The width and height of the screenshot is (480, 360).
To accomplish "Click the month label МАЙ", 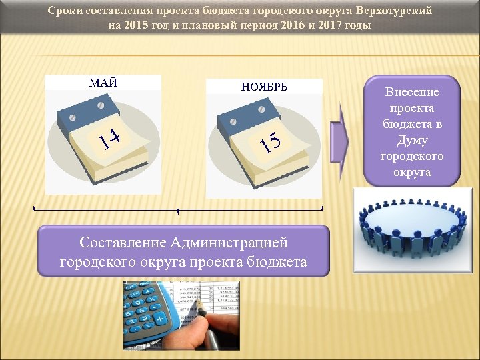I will pos(103,83).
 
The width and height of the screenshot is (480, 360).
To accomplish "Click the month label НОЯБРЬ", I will pos(264,87).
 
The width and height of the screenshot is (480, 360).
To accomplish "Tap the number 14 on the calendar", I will pos(109,138).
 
